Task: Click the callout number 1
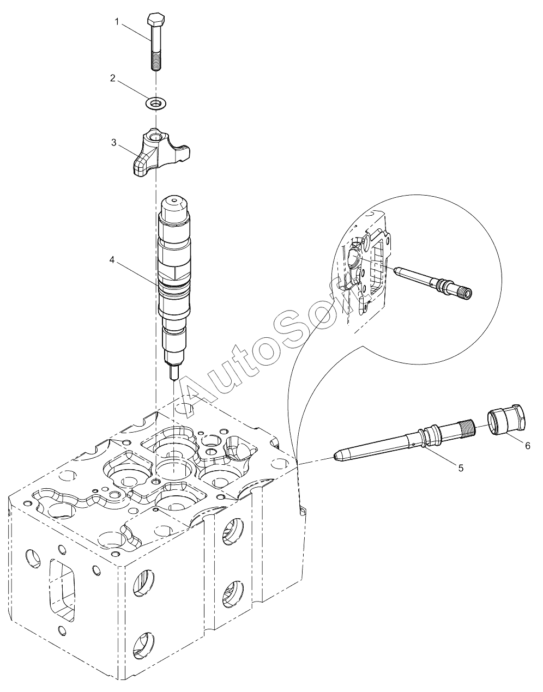click(x=117, y=22)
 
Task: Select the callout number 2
click(x=113, y=78)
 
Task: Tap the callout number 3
click(x=113, y=142)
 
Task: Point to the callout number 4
click(x=112, y=260)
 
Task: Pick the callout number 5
click(x=461, y=468)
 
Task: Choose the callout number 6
click(x=527, y=445)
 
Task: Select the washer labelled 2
click(x=156, y=102)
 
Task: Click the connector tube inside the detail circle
click(x=431, y=282)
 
